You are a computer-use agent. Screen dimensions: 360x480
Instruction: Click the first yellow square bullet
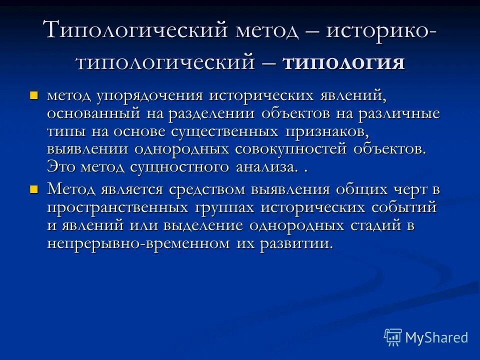(x=34, y=94)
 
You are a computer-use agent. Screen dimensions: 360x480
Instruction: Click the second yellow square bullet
(x=34, y=188)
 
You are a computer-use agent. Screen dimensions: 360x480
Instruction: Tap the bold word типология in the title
(x=343, y=63)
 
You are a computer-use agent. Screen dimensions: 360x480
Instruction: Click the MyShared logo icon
(x=392, y=337)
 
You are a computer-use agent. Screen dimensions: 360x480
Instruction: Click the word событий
(x=397, y=207)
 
